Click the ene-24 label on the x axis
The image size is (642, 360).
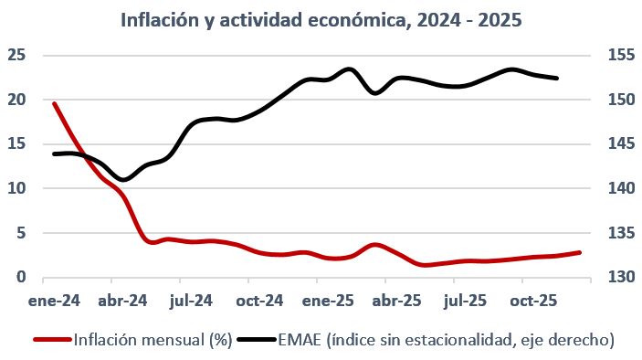pyautogui.click(x=54, y=299)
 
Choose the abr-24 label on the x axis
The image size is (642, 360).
pyautogui.click(x=122, y=299)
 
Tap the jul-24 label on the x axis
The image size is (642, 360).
pyautogui.click(x=191, y=299)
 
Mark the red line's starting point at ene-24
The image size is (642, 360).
pyautogui.click(x=54, y=103)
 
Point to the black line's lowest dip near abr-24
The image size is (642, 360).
pyautogui.click(x=124, y=180)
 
